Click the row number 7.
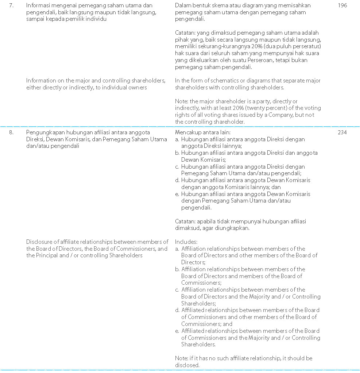[11, 6]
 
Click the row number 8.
[11, 132]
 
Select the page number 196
[342, 6]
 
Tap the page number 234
[342, 132]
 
